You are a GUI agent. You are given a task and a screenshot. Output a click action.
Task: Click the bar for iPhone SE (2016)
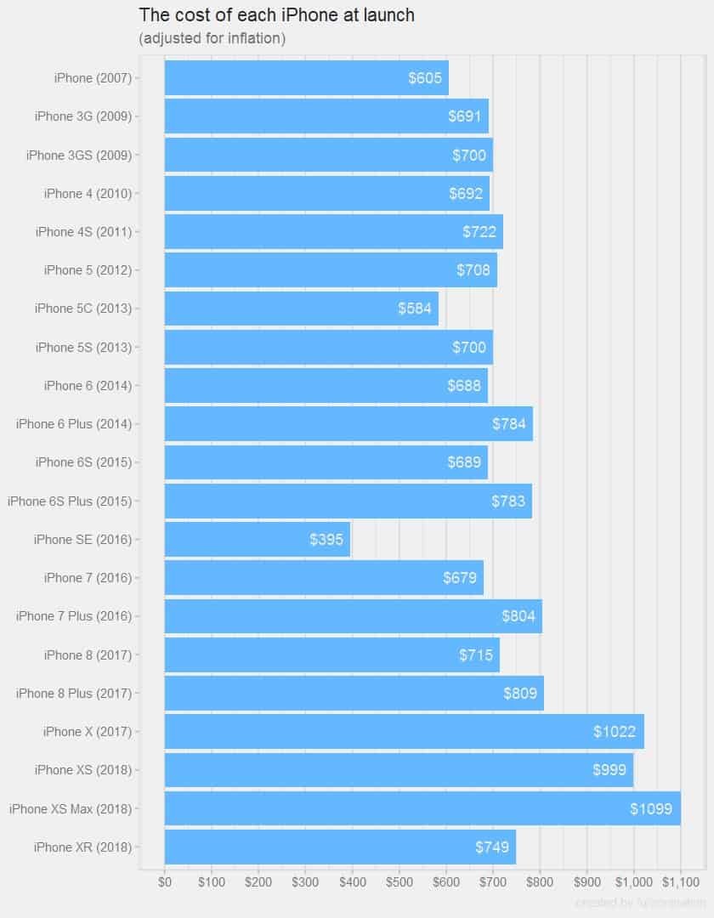point(257,540)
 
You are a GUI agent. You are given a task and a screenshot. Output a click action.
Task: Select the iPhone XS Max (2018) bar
point(422,808)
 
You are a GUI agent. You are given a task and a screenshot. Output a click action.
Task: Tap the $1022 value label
point(614,732)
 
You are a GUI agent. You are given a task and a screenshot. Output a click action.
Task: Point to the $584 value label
point(415,309)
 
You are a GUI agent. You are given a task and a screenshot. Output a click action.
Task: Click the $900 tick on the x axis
point(586,881)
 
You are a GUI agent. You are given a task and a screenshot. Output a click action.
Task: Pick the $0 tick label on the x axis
point(165,881)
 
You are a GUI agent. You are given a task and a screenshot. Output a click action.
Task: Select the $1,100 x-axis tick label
point(680,881)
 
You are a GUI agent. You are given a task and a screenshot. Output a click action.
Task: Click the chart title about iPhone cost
point(276,15)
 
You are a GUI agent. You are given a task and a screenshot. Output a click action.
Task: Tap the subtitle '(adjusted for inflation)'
point(212,38)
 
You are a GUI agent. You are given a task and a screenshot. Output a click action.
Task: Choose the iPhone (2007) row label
point(93,78)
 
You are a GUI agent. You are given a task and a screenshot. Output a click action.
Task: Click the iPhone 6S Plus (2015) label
point(70,501)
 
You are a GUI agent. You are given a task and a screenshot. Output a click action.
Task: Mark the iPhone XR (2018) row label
point(82,847)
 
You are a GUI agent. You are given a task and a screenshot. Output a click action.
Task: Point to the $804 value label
point(518,616)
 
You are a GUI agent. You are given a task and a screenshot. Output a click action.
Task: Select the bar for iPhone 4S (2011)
point(333,232)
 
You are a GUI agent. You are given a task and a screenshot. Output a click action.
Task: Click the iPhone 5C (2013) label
point(83,309)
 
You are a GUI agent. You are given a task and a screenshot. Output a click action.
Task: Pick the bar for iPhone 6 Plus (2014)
point(348,424)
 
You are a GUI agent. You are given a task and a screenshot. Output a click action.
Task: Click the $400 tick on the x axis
point(352,881)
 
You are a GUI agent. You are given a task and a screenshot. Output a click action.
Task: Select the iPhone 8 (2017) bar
point(331,654)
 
